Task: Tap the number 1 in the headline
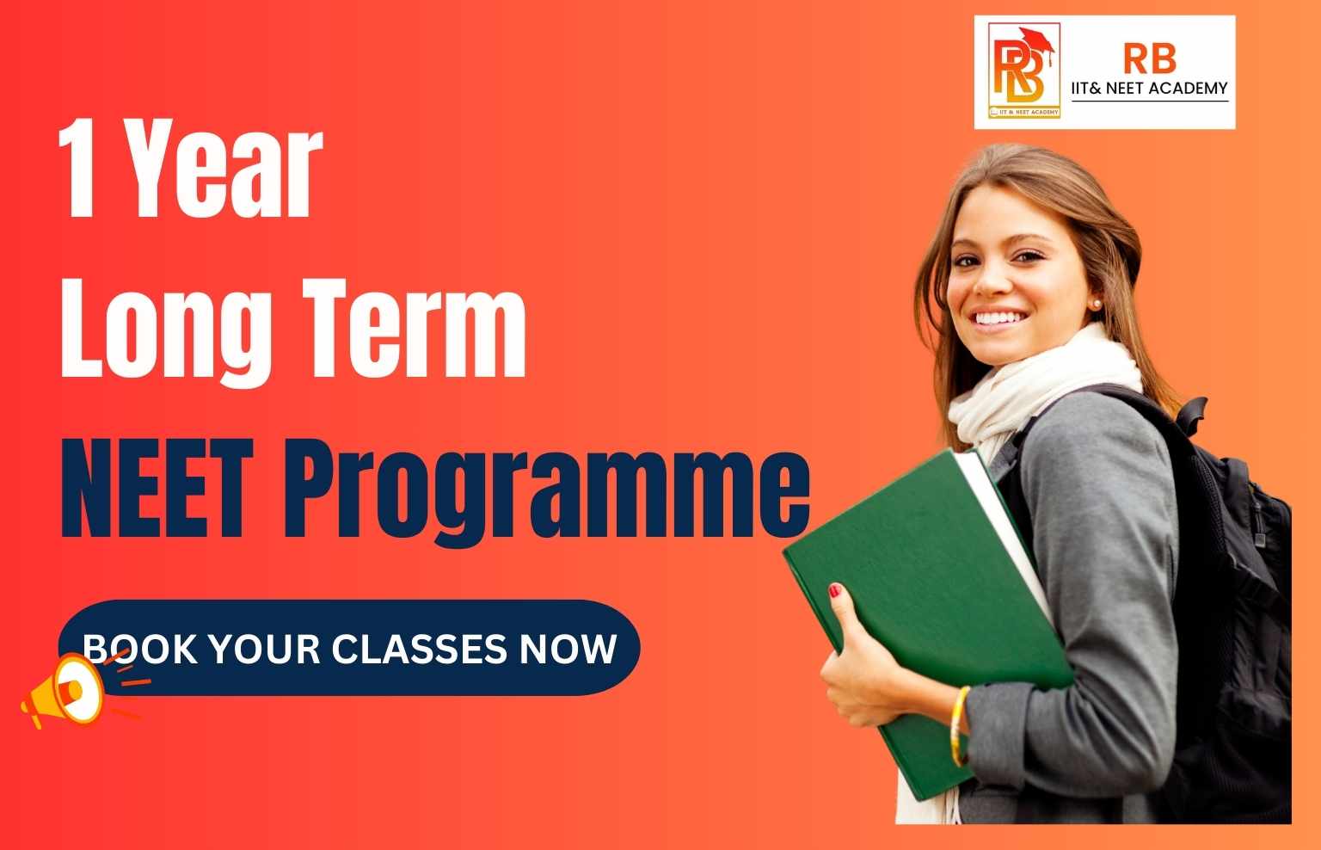coord(82,172)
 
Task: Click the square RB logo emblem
coord(1023,71)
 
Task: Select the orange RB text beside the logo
coord(1149,59)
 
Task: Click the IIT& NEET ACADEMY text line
coord(1149,87)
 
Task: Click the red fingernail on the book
coord(834,590)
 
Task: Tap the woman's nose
coord(989,280)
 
